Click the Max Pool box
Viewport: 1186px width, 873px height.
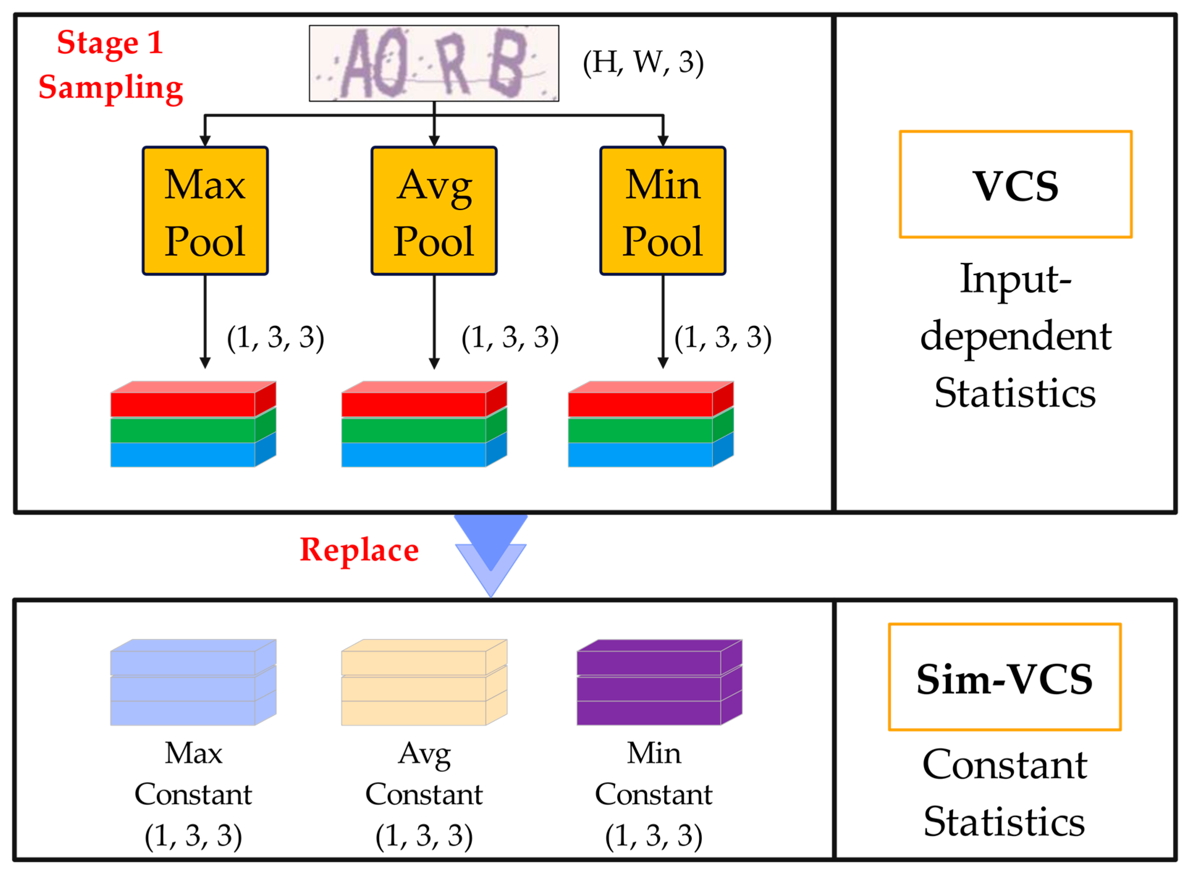[205, 211]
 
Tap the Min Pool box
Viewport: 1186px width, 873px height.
[662, 211]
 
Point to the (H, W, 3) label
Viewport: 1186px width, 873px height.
[643, 63]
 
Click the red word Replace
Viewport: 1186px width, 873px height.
[359, 550]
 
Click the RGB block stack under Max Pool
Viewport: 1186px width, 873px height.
[193, 424]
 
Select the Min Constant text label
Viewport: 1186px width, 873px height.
[653, 773]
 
